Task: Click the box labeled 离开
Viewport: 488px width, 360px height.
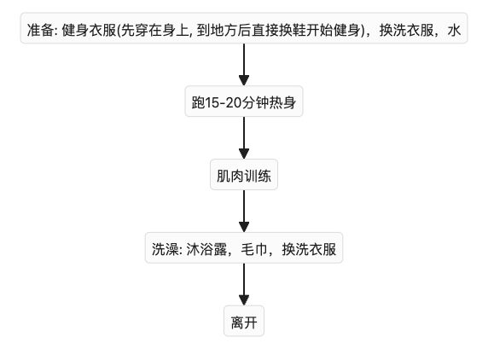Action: tap(244, 321)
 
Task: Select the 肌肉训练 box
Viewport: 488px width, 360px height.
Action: tap(244, 175)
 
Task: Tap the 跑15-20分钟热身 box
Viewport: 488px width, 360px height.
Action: tap(244, 102)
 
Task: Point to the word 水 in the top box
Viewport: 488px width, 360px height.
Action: tap(454, 31)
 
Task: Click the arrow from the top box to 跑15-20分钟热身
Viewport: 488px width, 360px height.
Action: tap(244, 65)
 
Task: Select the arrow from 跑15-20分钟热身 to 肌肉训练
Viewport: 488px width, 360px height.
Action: tap(244, 138)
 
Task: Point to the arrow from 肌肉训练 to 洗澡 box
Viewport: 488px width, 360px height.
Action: tap(244, 211)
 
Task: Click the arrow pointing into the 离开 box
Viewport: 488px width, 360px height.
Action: tap(244, 284)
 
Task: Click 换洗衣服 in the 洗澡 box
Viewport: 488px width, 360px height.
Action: tap(309, 249)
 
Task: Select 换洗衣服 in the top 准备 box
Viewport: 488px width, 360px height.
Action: tap(406, 31)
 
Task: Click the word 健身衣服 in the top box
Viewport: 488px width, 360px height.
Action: tap(89, 31)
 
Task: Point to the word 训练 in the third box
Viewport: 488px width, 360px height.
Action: tap(258, 176)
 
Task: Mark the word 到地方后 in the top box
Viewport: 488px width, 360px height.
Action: tap(224, 31)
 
